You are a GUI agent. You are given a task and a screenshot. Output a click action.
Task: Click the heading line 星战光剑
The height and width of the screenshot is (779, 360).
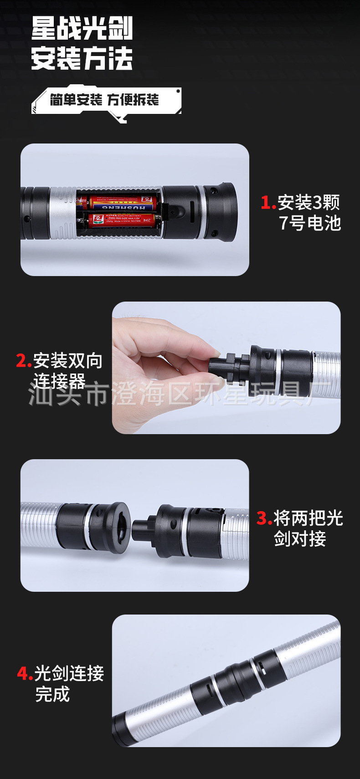pos(82,28)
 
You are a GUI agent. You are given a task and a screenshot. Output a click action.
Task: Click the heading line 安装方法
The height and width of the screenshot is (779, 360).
pos(82,58)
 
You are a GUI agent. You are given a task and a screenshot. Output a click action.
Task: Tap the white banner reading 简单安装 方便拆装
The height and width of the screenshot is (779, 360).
pos(105,100)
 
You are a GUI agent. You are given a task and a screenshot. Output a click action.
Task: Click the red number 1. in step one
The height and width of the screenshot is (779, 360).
pos(268,203)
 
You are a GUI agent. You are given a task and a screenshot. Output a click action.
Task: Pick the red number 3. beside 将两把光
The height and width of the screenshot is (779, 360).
pos(264,518)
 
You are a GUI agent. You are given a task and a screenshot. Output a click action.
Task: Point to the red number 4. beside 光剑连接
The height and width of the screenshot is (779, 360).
pos(25,673)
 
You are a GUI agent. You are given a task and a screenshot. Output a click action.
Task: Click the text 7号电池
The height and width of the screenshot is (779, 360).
pos(310,223)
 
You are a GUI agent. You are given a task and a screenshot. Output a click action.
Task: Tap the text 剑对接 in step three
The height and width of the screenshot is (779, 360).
pos(300,539)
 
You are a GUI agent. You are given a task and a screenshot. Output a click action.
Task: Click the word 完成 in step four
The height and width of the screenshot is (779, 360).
pos(52,694)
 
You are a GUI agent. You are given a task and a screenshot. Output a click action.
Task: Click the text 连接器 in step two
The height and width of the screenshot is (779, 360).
pos(59,381)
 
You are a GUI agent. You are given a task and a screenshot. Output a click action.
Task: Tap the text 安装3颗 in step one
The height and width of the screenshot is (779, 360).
pos(309,202)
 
